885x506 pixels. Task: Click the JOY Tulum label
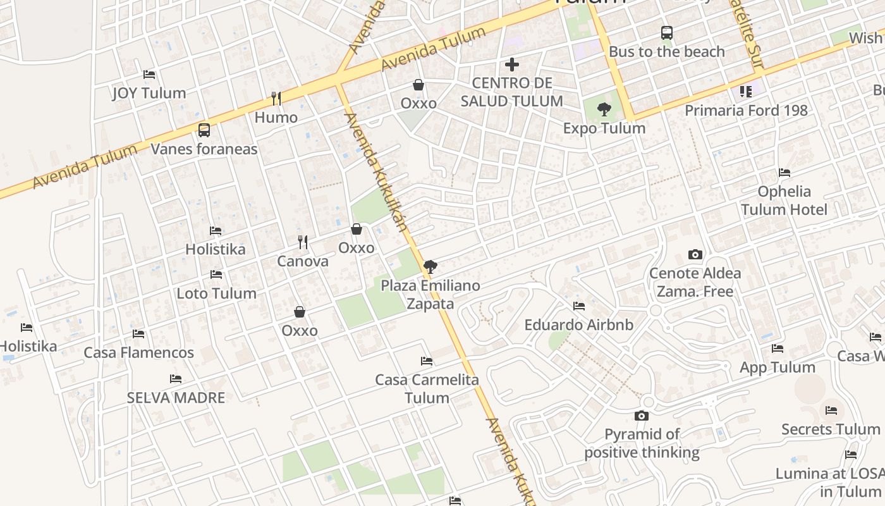pyautogui.click(x=149, y=93)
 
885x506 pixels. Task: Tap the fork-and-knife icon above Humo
pyautogui.click(x=276, y=98)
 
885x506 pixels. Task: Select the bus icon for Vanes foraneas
pyautogui.click(x=204, y=130)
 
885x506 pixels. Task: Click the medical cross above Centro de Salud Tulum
pyautogui.click(x=512, y=65)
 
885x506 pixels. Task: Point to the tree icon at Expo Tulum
pyautogui.click(x=604, y=109)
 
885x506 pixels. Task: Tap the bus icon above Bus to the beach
pyautogui.click(x=666, y=33)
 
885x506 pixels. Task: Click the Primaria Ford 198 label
pyautogui.click(x=746, y=111)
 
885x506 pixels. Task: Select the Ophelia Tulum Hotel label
pyautogui.click(x=784, y=200)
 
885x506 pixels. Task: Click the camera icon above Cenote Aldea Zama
pyautogui.click(x=695, y=255)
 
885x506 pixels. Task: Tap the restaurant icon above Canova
pyautogui.click(x=303, y=242)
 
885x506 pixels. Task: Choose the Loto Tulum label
pyautogui.click(x=216, y=293)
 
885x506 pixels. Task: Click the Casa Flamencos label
pyautogui.click(x=139, y=352)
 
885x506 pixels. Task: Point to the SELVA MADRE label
pyautogui.click(x=176, y=398)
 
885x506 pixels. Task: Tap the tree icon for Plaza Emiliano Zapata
pyautogui.click(x=430, y=267)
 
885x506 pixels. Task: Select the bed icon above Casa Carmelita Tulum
pyautogui.click(x=427, y=361)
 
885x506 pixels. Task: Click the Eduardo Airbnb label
pyautogui.click(x=579, y=325)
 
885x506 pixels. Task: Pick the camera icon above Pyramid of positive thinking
pyautogui.click(x=642, y=416)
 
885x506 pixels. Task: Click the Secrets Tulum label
pyautogui.click(x=831, y=429)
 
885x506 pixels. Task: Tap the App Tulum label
pyautogui.click(x=778, y=367)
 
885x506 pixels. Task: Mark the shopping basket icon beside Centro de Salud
pyautogui.click(x=418, y=85)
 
